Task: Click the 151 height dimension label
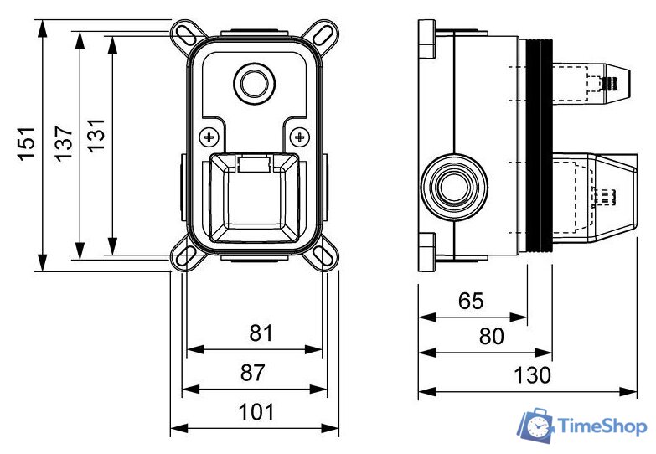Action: pyautogui.click(x=26, y=143)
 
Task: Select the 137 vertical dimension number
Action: pyautogui.click(x=64, y=143)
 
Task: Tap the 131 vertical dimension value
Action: pyautogui.click(x=96, y=135)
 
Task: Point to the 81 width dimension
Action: pyautogui.click(x=261, y=333)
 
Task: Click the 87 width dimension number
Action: pyautogui.click(x=253, y=373)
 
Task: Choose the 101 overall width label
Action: pyautogui.click(x=256, y=412)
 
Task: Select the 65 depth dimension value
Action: pyautogui.click(x=471, y=301)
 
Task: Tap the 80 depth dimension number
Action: pyautogui.click(x=491, y=336)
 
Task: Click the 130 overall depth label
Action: pyautogui.click(x=532, y=375)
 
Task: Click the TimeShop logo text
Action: pyautogui.click(x=602, y=426)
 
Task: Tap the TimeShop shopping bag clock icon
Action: pyautogui.click(x=536, y=427)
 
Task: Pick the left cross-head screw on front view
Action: pyautogui.click(x=209, y=137)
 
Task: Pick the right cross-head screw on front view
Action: pyautogui.click(x=300, y=137)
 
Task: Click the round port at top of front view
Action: pyautogui.click(x=254, y=82)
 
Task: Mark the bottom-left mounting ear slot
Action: pyautogui.click(x=185, y=255)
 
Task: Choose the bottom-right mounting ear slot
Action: pyautogui.click(x=324, y=255)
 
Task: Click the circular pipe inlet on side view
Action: pyautogui.click(x=454, y=187)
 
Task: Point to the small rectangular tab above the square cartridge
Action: pyautogui.click(x=254, y=163)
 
